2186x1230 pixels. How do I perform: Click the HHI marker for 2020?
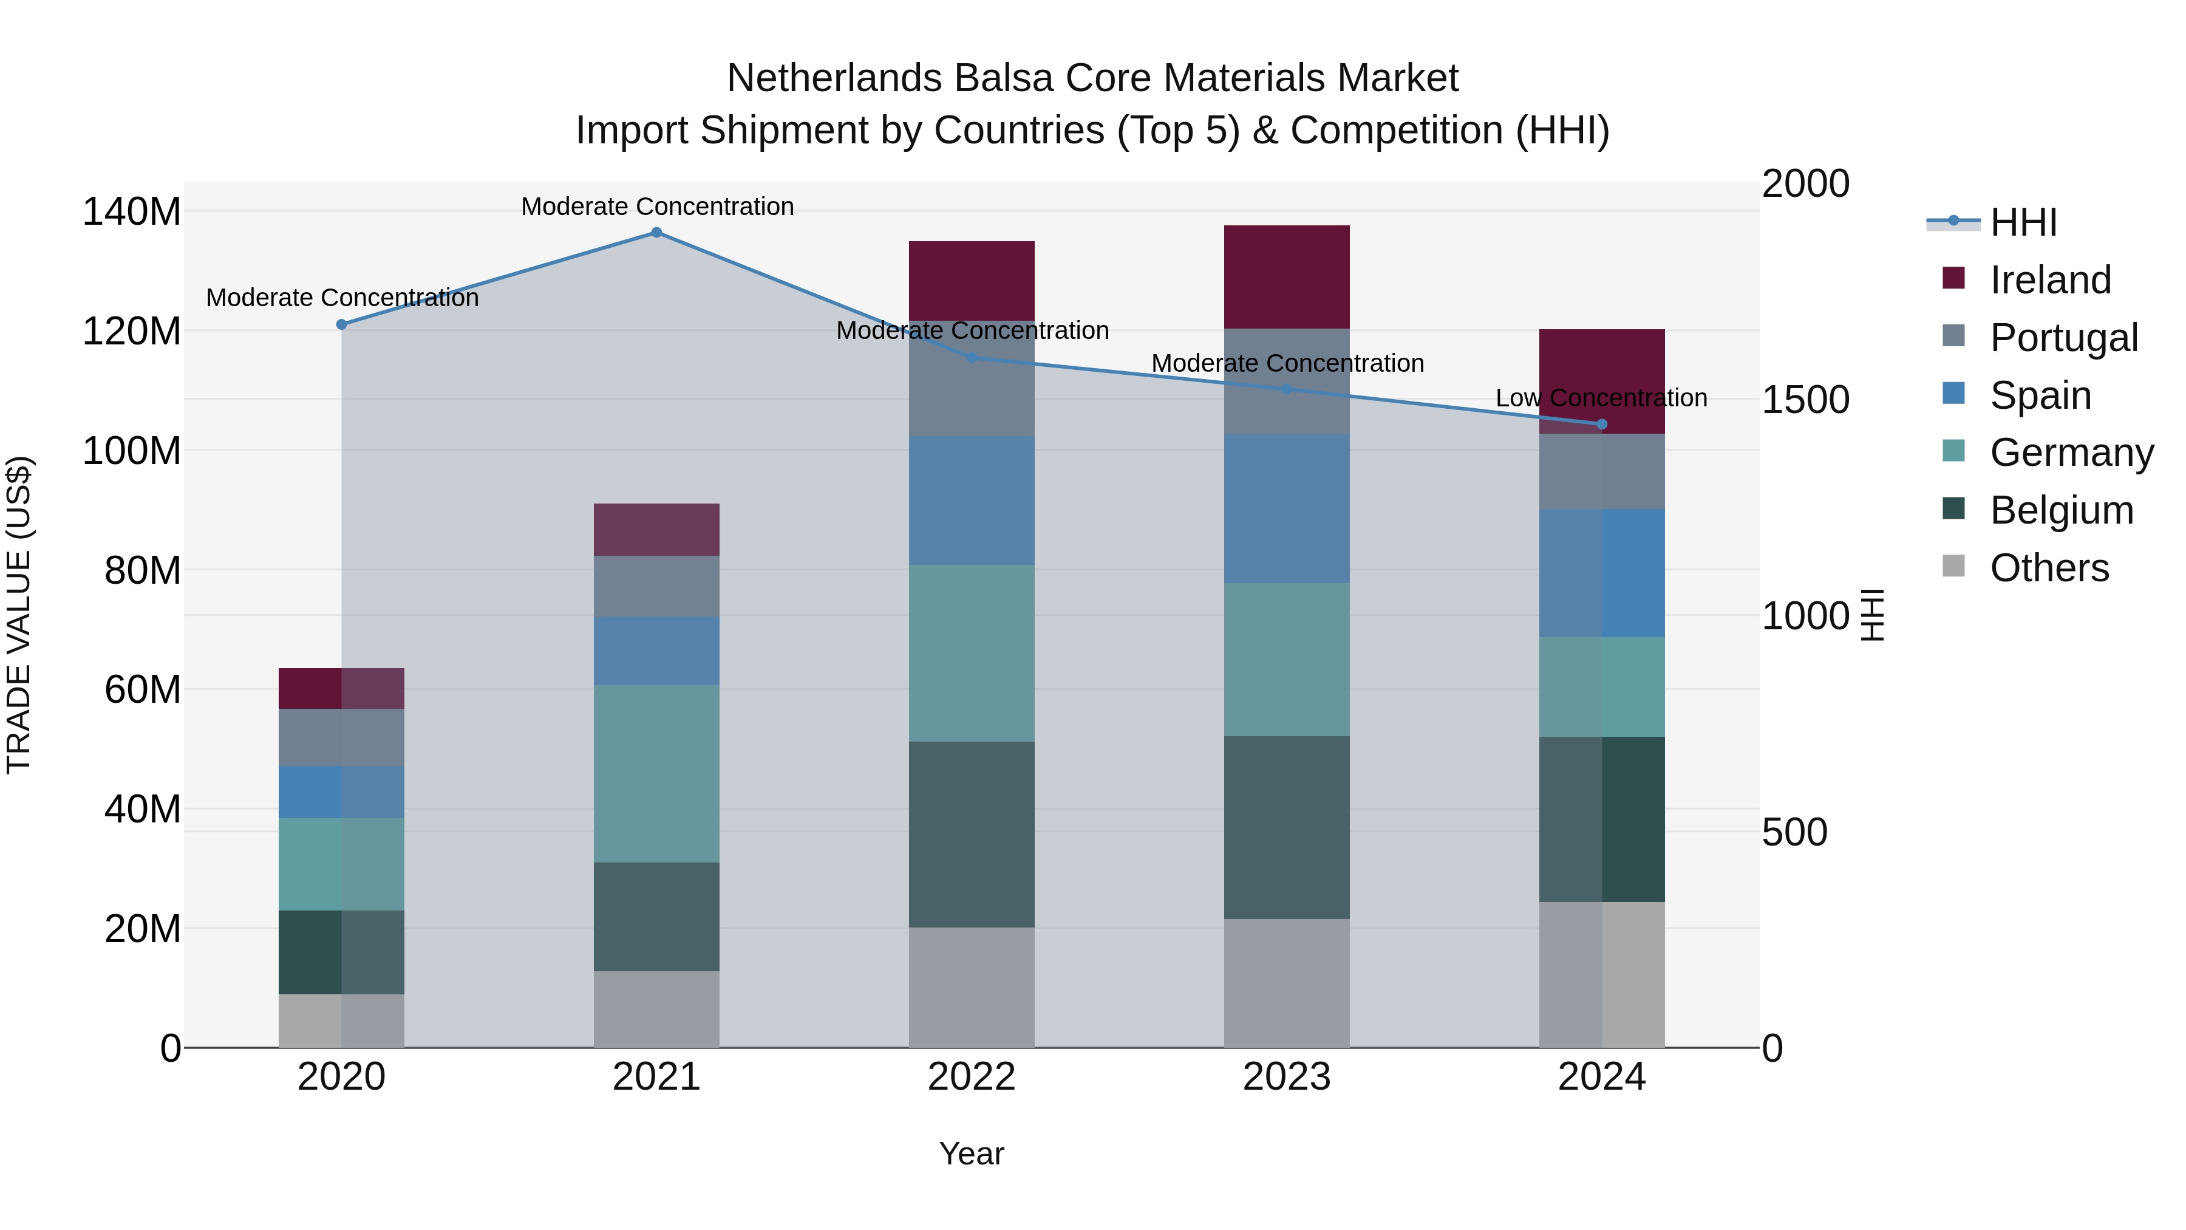[341, 324]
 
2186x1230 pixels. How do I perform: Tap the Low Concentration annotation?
[1601, 397]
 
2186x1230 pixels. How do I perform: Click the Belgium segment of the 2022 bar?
[971, 835]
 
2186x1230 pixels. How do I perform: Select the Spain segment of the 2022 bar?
[971, 501]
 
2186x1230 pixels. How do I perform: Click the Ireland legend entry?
[2049, 280]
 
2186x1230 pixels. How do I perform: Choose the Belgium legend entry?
[2060, 510]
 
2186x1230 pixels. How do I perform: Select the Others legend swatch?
[1953, 566]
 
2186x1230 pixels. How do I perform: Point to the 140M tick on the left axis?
[132, 211]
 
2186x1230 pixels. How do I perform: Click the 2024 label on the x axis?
[1601, 1077]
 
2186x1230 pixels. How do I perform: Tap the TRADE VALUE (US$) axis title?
[19, 615]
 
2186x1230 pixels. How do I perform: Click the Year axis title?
[971, 1153]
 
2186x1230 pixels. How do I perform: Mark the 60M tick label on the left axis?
[141, 689]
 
